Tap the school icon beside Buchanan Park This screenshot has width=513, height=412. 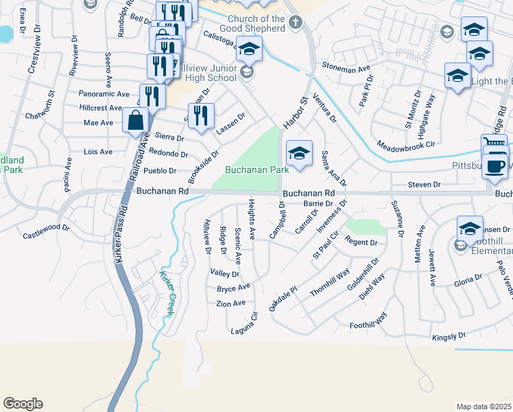tap(299, 154)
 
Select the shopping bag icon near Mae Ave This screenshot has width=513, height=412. tap(136, 121)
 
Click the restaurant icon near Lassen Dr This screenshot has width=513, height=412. tap(201, 115)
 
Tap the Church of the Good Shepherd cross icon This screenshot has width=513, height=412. tap(296, 23)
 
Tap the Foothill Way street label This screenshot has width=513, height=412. tap(368, 324)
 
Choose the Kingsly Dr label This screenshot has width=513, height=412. tap(449, 336)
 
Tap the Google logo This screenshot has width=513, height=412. tap(23, 404)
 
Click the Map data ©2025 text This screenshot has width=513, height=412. tap(483, 407)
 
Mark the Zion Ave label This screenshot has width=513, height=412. tap(230, 303)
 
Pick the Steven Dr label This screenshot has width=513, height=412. tap(423, 185)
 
